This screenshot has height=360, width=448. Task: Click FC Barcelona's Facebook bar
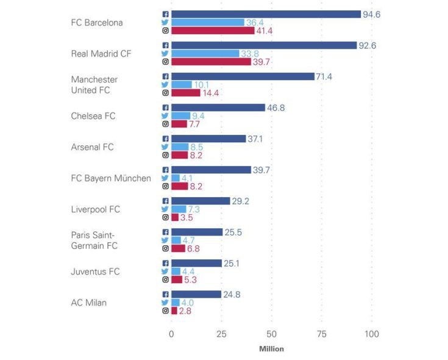click(266, 14)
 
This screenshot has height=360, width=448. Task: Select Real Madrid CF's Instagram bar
click(211, 62)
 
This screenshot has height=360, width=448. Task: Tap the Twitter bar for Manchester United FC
click(181, 85)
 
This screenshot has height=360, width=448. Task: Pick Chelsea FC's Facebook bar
click(218, 107)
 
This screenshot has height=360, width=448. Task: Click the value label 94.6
click(371, 14)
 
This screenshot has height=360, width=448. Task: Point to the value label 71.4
click(324, 76)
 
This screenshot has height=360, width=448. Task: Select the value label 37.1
click(255, 139)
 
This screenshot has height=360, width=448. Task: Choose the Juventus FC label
click(95, 271)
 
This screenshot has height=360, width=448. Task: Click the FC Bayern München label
click(111, 178)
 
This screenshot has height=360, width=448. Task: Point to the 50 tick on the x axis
click(271, 334)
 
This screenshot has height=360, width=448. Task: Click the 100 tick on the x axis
click(371, 334)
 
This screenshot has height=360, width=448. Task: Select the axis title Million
click(271, 349)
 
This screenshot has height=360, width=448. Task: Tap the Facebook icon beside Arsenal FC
click(165, 139)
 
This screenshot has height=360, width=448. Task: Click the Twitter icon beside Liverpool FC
click(165, 209)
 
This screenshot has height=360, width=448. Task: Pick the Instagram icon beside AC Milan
click(165, 311)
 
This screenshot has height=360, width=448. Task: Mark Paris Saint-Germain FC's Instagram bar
click(178, 248)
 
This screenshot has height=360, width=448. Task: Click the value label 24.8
click(231, 295)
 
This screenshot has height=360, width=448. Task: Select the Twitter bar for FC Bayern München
click(175, 178)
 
